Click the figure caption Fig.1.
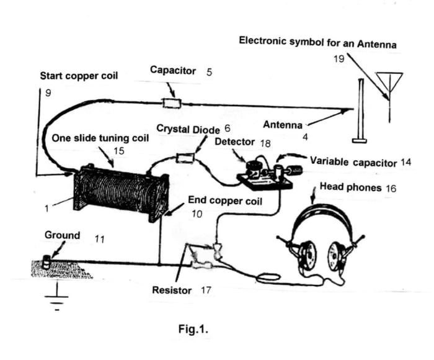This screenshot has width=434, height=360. [x=192, y=329]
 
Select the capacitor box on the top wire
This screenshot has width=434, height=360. [x=170, y=103]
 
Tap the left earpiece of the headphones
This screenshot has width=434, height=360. [x=306, y=254]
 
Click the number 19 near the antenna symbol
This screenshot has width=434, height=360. [x=339, y=59]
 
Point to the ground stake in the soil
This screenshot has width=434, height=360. [x=46, y=263]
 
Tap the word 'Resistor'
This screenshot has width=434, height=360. [x=172, y=290]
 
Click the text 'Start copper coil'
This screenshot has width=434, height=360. [x=78, y=76]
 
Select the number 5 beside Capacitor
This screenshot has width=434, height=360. [x=209, y=71]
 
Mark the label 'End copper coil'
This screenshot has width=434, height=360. [x=225, y=201]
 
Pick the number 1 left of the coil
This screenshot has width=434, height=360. [x=46, y=209]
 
